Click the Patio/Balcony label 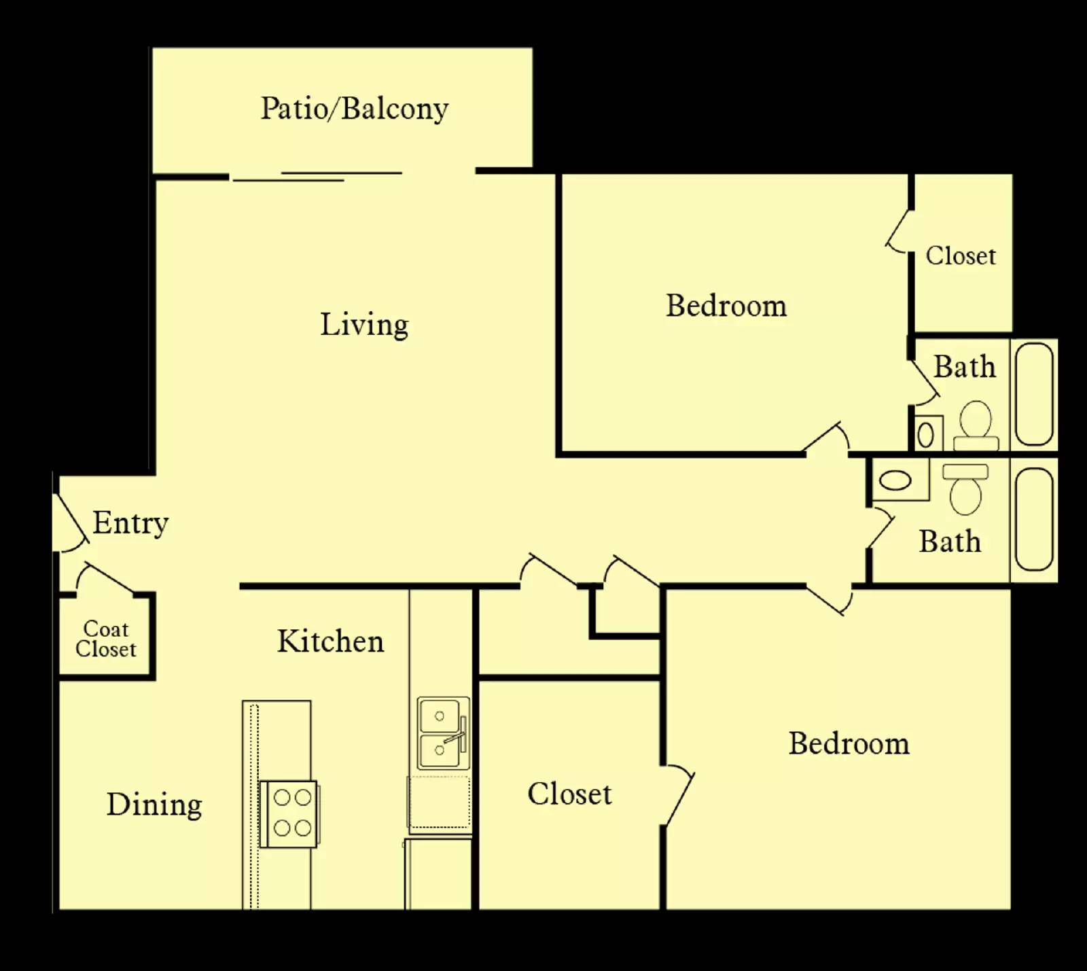(354, 109)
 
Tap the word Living (364, 325)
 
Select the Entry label (130, 523)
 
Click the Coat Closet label (105, 639)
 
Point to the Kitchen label (330, 641)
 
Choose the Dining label (154, 805)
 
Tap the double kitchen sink (442, 732)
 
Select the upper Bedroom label (726, 306)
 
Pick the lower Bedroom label (849, 743)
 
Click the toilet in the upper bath (976, 425)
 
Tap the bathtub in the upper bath (1034, 393)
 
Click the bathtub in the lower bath (1034, 518)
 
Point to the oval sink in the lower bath (895, 480)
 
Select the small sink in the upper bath (925, 434)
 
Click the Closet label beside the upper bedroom (961, 256)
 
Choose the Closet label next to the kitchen (569, 794)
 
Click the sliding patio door (317, 176)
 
